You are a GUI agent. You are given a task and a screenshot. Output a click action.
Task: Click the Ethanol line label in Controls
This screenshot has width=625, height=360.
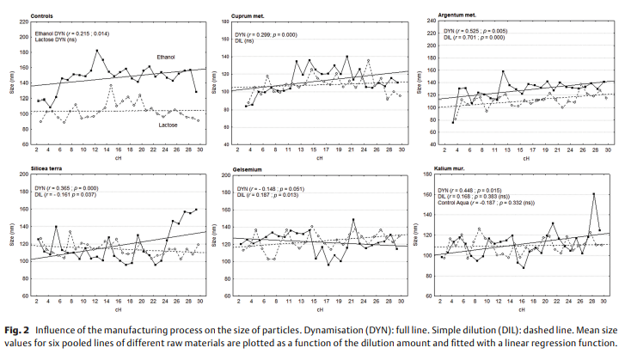(165, 57)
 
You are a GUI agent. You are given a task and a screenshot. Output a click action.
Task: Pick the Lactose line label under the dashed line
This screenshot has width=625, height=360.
(169, 125)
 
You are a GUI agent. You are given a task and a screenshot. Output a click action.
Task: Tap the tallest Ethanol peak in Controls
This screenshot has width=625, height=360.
(97, 51)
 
